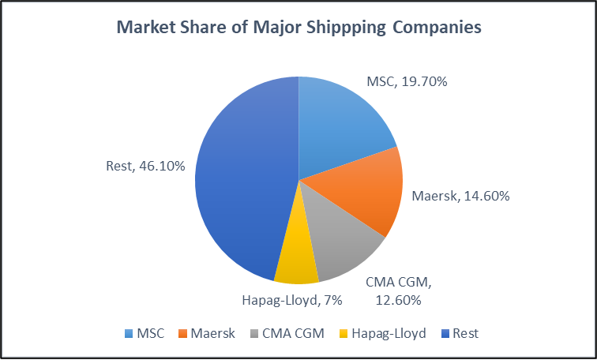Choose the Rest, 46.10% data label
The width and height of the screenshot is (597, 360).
click(x=145, y=166)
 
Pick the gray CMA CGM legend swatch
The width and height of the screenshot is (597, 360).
click(x=255, y=334)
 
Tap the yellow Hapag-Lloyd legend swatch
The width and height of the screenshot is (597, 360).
click(x=344, y=334)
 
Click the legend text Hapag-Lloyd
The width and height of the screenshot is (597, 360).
click(x=390, y=334)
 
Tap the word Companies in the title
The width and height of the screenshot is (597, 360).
click(x=435, y=28)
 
